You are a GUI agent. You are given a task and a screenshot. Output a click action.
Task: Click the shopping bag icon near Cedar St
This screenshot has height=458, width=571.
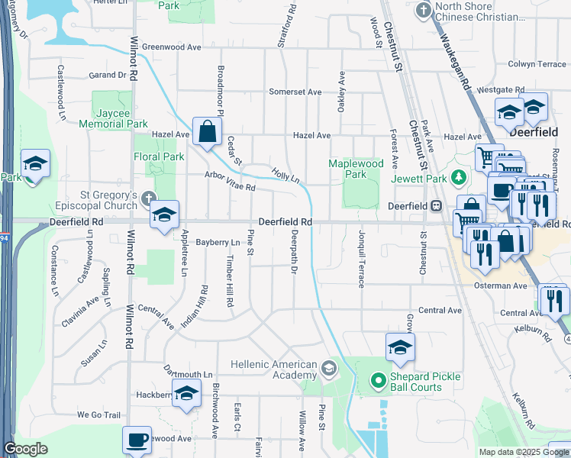[207, 131]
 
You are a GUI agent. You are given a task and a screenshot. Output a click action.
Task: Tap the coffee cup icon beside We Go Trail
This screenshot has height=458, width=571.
[137, 440]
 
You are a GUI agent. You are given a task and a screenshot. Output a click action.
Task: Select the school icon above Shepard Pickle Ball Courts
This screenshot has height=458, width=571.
[400, 347]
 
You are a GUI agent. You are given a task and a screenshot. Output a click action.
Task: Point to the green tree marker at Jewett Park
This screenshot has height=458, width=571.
[458, 179]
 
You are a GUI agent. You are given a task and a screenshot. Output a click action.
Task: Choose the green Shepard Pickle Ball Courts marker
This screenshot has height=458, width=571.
[376, 379]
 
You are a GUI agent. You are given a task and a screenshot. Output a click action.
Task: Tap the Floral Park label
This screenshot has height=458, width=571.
[159, 156]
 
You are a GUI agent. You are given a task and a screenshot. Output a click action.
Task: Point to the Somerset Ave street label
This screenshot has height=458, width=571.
[295, 92]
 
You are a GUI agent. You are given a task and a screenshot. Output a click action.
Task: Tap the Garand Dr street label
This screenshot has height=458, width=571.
[107, 75]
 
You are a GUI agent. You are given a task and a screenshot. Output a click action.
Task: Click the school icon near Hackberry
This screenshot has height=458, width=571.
[185, 395]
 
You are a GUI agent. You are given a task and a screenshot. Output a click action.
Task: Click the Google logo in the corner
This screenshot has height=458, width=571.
[25, 449]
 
